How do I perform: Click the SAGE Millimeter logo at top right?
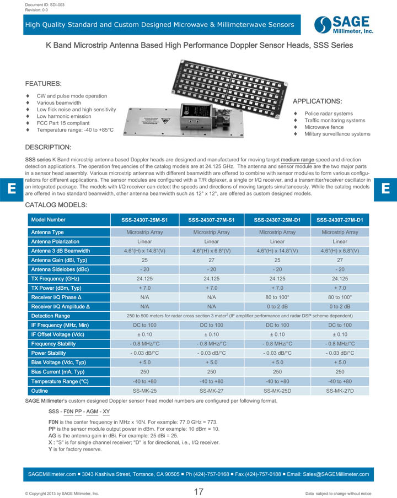(x=344, y=24)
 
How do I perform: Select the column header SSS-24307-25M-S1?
(x=144, y=220)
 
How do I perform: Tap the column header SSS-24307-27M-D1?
(x=340, y=220)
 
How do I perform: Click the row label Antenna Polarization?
(x=55, y=241)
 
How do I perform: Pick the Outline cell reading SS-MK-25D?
(x=277, y=391)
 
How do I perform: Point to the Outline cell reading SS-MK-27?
(x=211, y=391)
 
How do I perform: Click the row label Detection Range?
(x=51, y=316)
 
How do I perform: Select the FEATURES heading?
(x=44, y=84)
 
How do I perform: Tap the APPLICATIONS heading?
(x=317, y=101)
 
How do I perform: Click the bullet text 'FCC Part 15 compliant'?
(x=63, y=123)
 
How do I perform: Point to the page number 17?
(x=198, y=492)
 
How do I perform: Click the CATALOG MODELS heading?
(x=56, y=205)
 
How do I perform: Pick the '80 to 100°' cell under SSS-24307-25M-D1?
(x=277, y=297)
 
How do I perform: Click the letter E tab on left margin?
(x=10, y=188)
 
